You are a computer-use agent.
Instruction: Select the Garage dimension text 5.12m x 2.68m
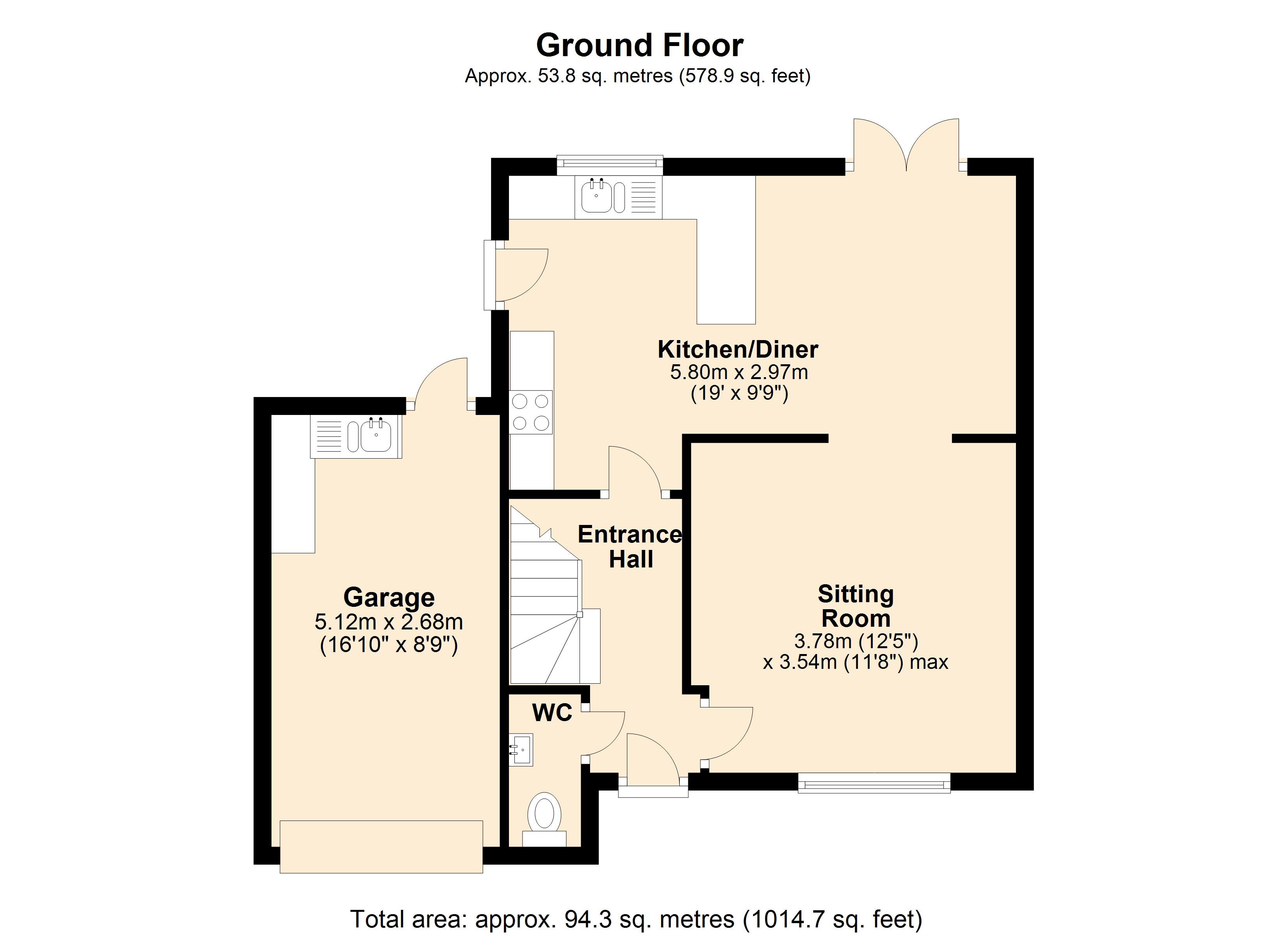(x=389, y=622)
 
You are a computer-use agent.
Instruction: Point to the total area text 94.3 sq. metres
(x=636, y=919)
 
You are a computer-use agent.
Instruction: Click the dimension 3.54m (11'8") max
(x=855, y=662)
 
